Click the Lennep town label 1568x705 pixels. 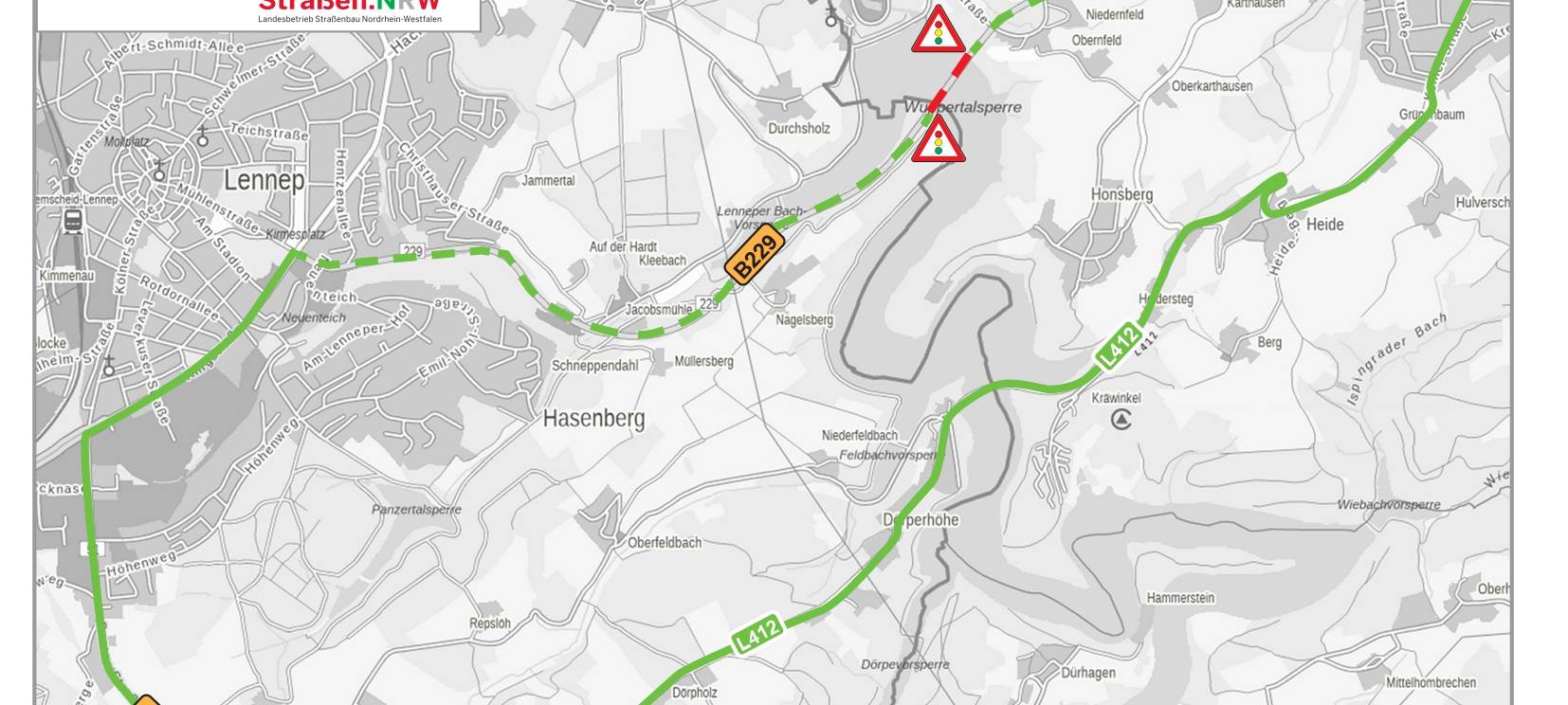pyautogui.click(x=264, y=180)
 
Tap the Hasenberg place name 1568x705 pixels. pyautogui.click(x=593, y=418)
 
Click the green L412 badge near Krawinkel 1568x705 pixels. pyautogui.click(x=1118, y=345)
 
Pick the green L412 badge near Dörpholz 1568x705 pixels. pyautogui.click(x=757, y=634)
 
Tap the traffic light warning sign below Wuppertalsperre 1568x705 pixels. pyautogui.click(x=938, y=140)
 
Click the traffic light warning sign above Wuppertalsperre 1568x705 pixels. pyautogui.click(x=938, y=31)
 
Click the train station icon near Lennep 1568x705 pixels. pyautogui.click(x=72, y=222)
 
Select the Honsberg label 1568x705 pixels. pyautogui.click(x=1121, y=194)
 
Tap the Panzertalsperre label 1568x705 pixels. pyautogui.click(x=416, y=510)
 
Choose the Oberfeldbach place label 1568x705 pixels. pyautogui.click(x=665, y=543)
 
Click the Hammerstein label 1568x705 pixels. pyautogui.click(x=1180, y=598)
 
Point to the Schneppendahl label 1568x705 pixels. pyautogui.click(x=594, y=366)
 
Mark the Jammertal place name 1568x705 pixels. pyautogui.click(x=548, y=180)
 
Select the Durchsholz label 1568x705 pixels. pyautogui.click(x=798, y=129)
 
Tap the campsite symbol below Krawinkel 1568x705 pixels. pyautogui.click(x=1121, y=418)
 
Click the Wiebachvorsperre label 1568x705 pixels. pyautogui.click(x=1388, y=505)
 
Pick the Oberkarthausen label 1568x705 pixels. pyautogui.click(x=1212, y=86)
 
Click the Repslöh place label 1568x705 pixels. pyautogui.click(x=490, y=624)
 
